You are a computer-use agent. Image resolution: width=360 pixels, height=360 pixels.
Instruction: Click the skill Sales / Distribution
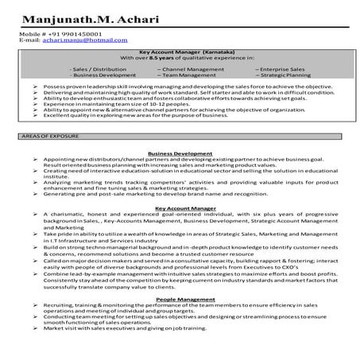click(103, 69)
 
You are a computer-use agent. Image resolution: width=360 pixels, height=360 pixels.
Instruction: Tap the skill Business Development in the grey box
click(109, 75)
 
